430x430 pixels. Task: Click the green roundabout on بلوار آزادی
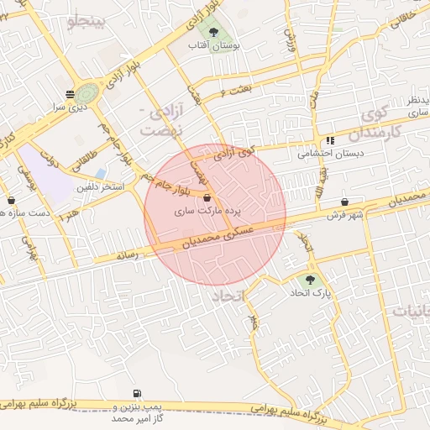tap(87, 91)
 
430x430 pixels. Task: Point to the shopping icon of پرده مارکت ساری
tap(207, 199)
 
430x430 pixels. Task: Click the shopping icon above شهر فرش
tap(345, 202)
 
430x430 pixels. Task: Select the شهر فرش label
tap(343, 216)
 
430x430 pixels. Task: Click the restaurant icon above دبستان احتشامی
tap(330, 140)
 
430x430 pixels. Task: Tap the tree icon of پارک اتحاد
tap(312, 279)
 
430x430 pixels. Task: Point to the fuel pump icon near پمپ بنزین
tap(137, 393)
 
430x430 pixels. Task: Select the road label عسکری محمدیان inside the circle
tap(213, 239)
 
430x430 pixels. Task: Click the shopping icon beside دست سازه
tap(11, 200)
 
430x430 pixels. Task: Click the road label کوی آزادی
tap(233, 153)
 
